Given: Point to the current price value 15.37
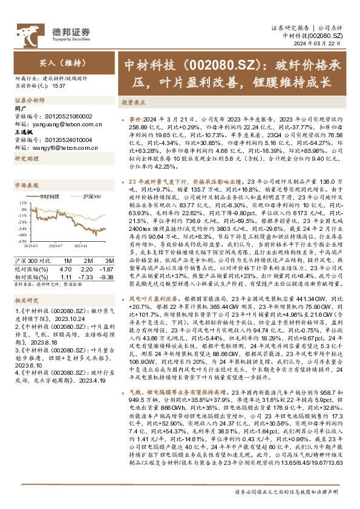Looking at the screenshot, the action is click(x=59, y=85).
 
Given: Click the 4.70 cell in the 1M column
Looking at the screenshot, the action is click(x=67, y=267).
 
